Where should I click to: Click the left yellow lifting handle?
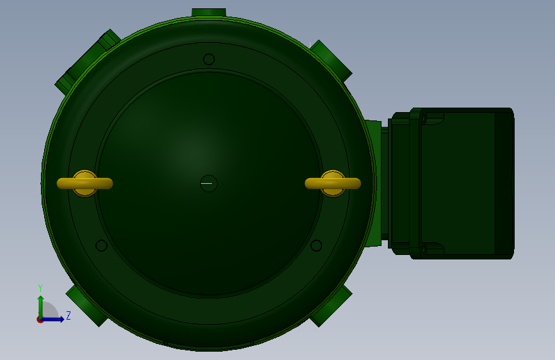[x=85, y=183]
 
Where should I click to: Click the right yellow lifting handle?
[x=333, y=183]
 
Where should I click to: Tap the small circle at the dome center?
[x=209, y=184]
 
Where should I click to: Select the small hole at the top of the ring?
[x=209, y=59]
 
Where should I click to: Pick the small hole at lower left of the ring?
[x=102, y=245]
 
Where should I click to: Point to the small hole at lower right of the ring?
[x=316, y=245]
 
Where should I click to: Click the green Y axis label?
[x=40, y=288]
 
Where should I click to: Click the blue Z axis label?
[x=68, y=315]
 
